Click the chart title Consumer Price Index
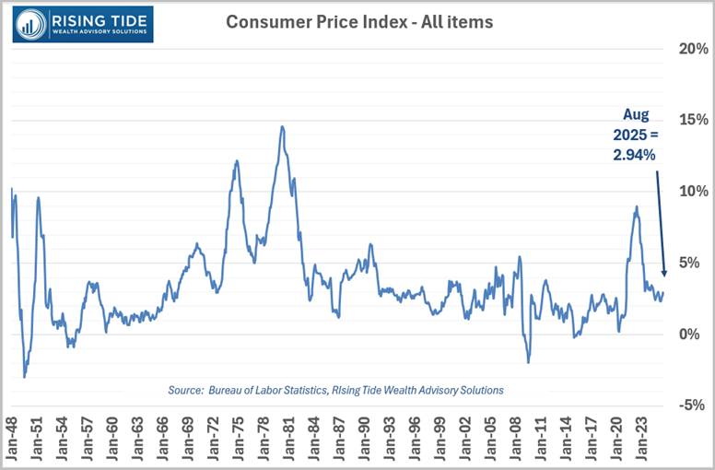[x=360, y=20]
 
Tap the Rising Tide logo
[x=84, y=25]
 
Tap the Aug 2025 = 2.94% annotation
[x=636, y=135]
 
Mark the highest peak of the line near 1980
[x=282, y=127]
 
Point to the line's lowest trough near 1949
[x=24, y=376]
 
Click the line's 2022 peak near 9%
[x=636, y=208]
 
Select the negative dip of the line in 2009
[x=528, y=361]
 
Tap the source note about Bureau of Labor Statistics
[x=336, y=390]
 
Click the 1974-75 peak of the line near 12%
[x=237, y=161]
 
